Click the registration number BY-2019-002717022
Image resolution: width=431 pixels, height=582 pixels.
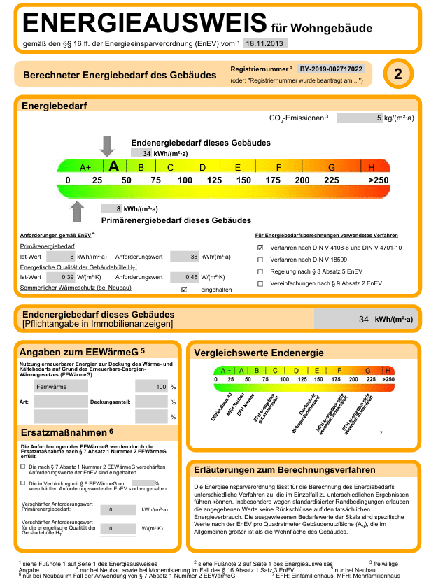(331, 69)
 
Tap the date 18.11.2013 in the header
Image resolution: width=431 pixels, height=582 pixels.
(264, 43)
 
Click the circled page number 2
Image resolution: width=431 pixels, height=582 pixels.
(397, 75)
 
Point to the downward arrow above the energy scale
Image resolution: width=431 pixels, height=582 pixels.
(107, 146)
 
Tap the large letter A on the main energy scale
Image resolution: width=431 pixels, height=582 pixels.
(114, 167)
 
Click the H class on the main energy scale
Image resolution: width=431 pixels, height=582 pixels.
(372, 168)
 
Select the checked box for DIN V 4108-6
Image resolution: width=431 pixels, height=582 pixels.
(260, 248)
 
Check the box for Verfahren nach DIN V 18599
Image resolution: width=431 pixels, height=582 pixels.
(260, 260)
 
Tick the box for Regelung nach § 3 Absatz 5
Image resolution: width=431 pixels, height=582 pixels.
(260, 271)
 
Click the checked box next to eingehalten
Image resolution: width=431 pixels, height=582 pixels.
(184, 289)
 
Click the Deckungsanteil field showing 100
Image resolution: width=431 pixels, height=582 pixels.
(152, 386)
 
